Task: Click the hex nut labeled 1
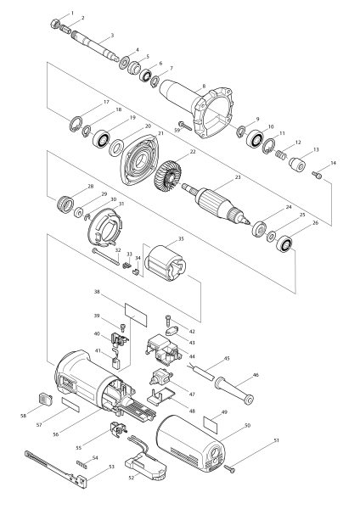click(x=55, y=24)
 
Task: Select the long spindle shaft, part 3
click(x=95, y=46)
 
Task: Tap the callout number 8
click(x=204, y=87)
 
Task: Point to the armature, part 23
click(x=216, y=204)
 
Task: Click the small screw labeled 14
click(x=317, y=175)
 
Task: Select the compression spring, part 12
click(x=281, y=154)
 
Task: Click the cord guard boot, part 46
click(x=234, y=390)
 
